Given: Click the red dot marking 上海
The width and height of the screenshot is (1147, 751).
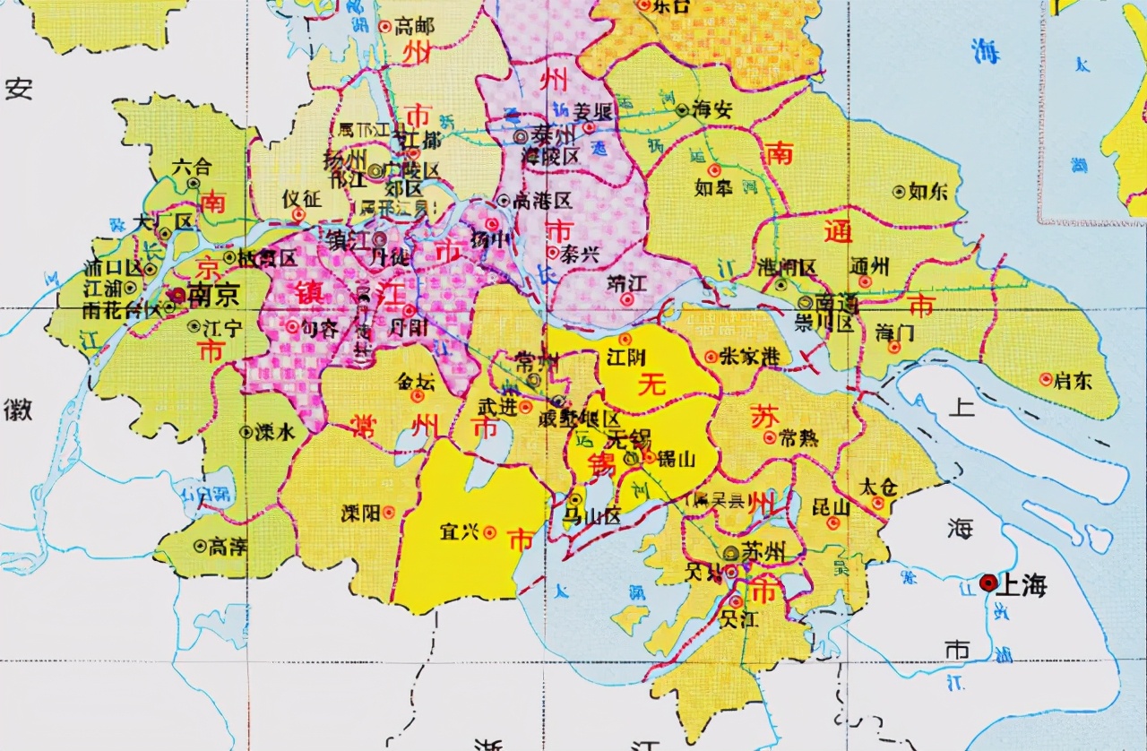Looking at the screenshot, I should (x=988, y=583).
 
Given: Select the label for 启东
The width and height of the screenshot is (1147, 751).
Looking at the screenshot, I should (x=1073, y=380).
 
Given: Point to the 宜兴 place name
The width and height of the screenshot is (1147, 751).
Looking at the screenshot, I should (x=459, y=532).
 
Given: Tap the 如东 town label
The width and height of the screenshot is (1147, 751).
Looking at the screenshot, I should (x=928, y=191).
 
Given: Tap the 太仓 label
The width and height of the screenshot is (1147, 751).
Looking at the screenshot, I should (x=876, y=487).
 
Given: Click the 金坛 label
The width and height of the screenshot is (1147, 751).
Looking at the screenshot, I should (x=416, y=380).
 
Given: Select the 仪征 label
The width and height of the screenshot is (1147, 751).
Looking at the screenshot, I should (x=299, y=199).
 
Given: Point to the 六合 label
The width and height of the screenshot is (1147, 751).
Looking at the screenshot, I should (x=192, y=166).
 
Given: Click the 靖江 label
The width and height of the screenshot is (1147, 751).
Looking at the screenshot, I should (x=627, y=281).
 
